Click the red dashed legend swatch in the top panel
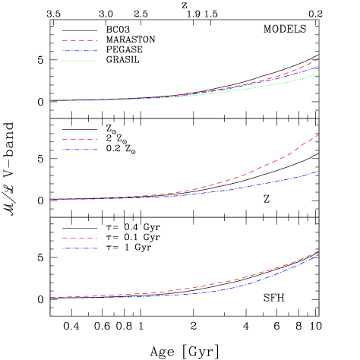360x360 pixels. pos(80,40)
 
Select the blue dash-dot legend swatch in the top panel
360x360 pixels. pos(80,51)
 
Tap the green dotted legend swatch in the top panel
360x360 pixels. pos(80,61)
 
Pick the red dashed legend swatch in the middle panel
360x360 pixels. pos(80,139)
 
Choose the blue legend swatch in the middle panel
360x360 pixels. pos(80,150)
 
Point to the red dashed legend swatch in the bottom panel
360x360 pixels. pos(80,238)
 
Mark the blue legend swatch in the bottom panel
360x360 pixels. pos(80,248)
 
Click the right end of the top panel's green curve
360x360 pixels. pos(319,74)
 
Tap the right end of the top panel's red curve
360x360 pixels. pos(319,58)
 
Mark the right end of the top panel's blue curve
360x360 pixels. pos(319,65)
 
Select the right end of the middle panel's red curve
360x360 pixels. pos(319,134)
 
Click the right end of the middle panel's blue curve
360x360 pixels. pos(319,171)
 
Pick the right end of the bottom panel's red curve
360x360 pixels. pos(319,251)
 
